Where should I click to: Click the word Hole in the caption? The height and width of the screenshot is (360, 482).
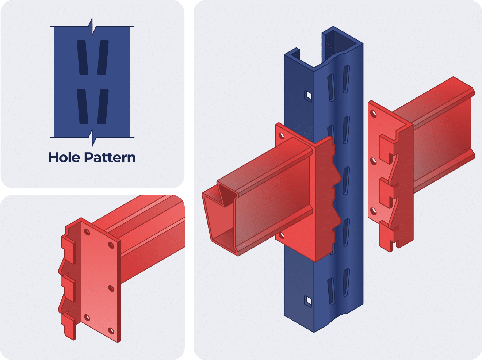click(x=64, y=158)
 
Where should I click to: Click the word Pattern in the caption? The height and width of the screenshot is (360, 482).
click(x=110, y=158)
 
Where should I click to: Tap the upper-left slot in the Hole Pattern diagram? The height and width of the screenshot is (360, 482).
click(x=83, y=57)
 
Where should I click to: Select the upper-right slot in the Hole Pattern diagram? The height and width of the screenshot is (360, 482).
click(x=103, y=57)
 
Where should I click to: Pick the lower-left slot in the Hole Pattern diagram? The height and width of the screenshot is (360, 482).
click(x=83, y=106)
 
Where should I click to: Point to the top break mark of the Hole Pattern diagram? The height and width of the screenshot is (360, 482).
click(x=92, y=27)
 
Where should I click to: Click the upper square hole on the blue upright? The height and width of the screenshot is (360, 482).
click(x=309, y=95)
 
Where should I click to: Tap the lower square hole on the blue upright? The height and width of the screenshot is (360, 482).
click(x=309, y=300)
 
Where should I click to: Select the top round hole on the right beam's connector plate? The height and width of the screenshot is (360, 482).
click(x=373, y=114)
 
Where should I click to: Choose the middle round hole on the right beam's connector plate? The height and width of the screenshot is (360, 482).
click(x=373, y=161)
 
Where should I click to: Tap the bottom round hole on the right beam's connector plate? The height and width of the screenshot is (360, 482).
click(x=373, y=211)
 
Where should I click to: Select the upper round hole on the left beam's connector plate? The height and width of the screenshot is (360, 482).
click(x=282, y=136)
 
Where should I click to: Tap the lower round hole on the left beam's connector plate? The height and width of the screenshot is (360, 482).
click(x=282, y=235)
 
